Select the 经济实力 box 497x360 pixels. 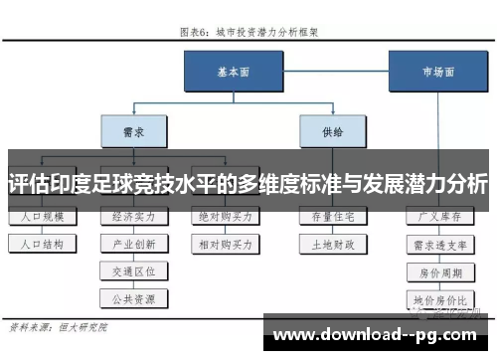(132, 216)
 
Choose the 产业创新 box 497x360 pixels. (132, 243)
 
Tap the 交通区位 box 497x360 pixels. (132, 270)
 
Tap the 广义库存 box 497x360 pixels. (440, 216)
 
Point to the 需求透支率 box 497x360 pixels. (440, 243)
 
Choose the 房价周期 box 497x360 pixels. (440, 270)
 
